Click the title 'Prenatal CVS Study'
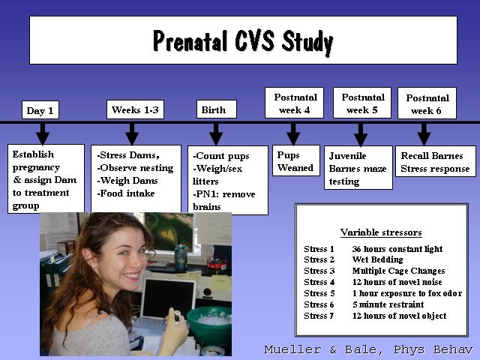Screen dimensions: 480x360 click(x=243, y=42)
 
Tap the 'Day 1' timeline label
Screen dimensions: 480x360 click(x=40, y=110)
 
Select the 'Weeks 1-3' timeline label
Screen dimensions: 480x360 click(x=135, y=109)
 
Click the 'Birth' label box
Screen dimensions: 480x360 click(x=217, y=109)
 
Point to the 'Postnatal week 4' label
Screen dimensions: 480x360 click(x=294, y=103)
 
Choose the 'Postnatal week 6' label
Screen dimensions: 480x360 click(x=427, y=103)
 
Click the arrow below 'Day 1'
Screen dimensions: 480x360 click(x=43, y=133)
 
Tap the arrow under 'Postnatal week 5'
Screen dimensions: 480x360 click(x=361, y=134)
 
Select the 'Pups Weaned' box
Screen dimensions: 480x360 click(x=296, y=160)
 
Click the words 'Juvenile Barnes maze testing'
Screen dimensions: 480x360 click(x=358, y=168)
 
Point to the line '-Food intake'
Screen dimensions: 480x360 click(x=126, y=193)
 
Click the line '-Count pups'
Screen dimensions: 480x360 click(x=221, y=156)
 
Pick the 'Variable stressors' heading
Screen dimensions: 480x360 click(x=381, y=232)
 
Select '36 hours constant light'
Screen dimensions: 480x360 click(x=397, y=249)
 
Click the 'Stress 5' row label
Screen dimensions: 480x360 click(x=319, y=293)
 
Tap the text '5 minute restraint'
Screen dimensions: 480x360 click(x=388, y=304)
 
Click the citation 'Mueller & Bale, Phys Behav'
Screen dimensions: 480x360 click(x=369, y=349)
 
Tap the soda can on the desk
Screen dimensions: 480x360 click(x=181, y=257)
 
